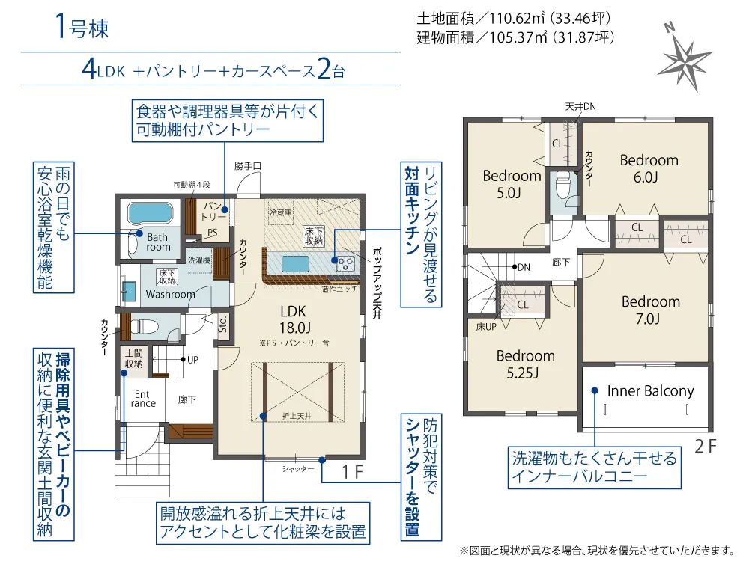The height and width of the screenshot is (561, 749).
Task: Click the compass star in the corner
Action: [685, 61]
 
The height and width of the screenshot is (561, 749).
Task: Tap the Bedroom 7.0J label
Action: [651, 310]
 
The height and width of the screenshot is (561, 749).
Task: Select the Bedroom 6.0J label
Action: [649, 168]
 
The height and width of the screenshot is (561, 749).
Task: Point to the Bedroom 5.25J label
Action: [526, 364]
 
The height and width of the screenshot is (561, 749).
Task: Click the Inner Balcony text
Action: [650, 391]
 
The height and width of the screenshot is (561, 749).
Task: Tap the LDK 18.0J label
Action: [294, 319]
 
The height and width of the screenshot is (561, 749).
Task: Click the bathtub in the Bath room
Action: [150, 212]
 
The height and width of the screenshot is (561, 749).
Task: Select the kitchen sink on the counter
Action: [295, 263]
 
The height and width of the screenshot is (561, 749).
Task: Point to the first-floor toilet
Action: [145, 327]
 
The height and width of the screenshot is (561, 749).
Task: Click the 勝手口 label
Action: [247, 166]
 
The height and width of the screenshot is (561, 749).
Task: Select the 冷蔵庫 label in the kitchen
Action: [281, 212]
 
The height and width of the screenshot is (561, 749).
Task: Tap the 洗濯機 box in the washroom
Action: [198, 260]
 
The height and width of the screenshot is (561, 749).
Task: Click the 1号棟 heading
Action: [82, 26]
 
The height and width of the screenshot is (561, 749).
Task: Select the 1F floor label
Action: [352, 472]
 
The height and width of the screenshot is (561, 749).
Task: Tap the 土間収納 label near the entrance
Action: [134, 358]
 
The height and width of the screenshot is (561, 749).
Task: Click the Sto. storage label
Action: [222, 324]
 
